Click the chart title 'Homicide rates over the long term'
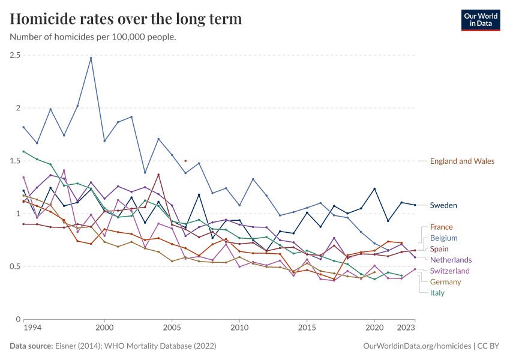coord(126,19)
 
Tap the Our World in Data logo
coord(481,20)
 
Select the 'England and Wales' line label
coord(462,161)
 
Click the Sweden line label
coord(443,205)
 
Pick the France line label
coord(441,227)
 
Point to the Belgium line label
coord(443,238)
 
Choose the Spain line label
coord(440,249)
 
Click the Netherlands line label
coord(451,260)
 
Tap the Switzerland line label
coord(450,271)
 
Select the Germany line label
coord(445,282)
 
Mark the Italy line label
coord(437,293)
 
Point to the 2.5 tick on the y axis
coord(15,55)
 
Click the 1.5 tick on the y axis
coord(15,161)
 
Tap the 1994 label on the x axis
coord(32,329)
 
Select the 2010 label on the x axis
coord(239,329)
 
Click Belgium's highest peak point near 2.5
coord(91,58)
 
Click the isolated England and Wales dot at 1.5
coord(185,161)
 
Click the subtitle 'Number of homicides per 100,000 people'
coord(93,37)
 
